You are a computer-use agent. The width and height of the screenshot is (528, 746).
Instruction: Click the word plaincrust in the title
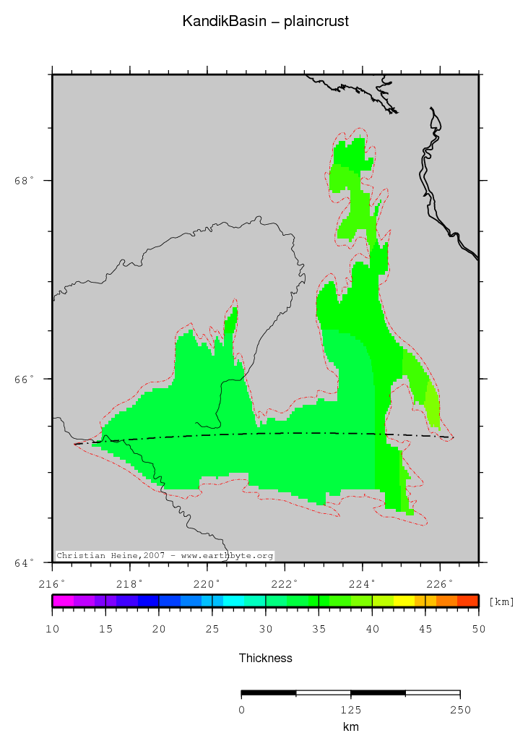[x=316, y=22]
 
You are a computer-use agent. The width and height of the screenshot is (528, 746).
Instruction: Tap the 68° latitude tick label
[x=25, y=181]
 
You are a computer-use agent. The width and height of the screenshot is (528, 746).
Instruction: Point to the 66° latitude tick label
[x=25, y=379]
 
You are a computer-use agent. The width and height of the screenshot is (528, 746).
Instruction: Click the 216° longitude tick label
[x=52, y=583]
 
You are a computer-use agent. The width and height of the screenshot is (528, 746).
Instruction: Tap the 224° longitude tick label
[x=363, y=583]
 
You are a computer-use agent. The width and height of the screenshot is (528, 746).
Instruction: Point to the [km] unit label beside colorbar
[x=501, y=601]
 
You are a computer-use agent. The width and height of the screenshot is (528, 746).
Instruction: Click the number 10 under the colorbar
[x=52, y=630]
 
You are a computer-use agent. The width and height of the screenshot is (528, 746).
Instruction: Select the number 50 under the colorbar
[x=479, y=630]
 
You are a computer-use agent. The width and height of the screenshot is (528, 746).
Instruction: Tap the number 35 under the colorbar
[x=319, y=630]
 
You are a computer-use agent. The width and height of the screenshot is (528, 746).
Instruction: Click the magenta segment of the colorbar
[x=63, y=600]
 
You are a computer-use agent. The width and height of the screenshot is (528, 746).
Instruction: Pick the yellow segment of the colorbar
[x=404, y=600]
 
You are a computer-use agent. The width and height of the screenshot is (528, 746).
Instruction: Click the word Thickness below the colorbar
[x=266, y=658]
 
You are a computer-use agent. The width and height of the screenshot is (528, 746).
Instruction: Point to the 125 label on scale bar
[x=351, y=709]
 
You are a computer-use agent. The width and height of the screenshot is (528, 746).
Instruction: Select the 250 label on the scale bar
[x=460, y=709]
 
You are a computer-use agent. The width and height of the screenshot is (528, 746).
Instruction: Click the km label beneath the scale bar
[x=351, y=727]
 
